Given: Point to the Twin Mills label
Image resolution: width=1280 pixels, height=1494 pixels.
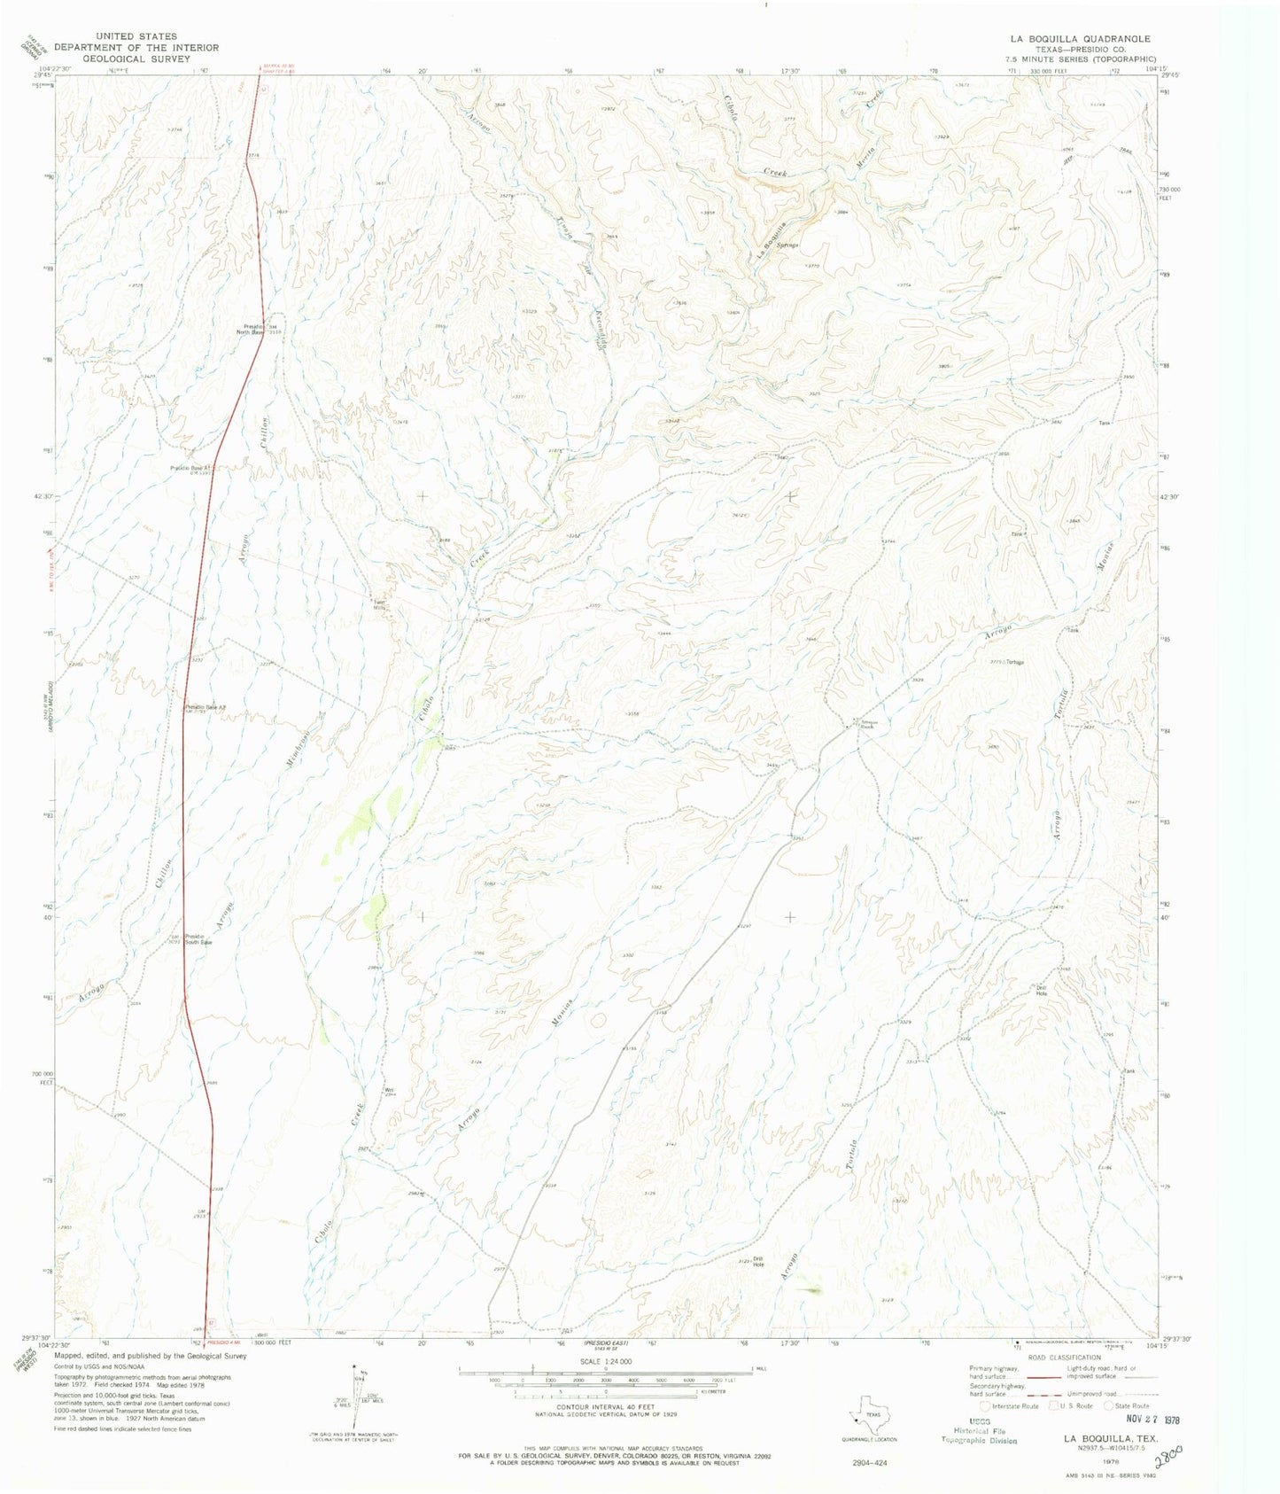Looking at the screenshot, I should (x=379, y=605).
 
